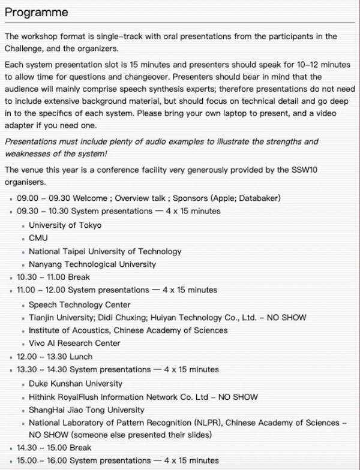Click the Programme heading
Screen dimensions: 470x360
37,13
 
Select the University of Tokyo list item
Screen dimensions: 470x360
65,225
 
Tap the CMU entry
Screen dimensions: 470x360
38,238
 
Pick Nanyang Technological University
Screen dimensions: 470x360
92,264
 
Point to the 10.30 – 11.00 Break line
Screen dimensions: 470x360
53,277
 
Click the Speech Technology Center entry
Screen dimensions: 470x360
79,305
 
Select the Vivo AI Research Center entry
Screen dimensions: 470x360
74,343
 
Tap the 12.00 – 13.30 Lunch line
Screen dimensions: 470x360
55,357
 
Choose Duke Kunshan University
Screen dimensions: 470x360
75,384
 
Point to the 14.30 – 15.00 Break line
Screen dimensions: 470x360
54,448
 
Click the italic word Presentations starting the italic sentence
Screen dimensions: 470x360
33,141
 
